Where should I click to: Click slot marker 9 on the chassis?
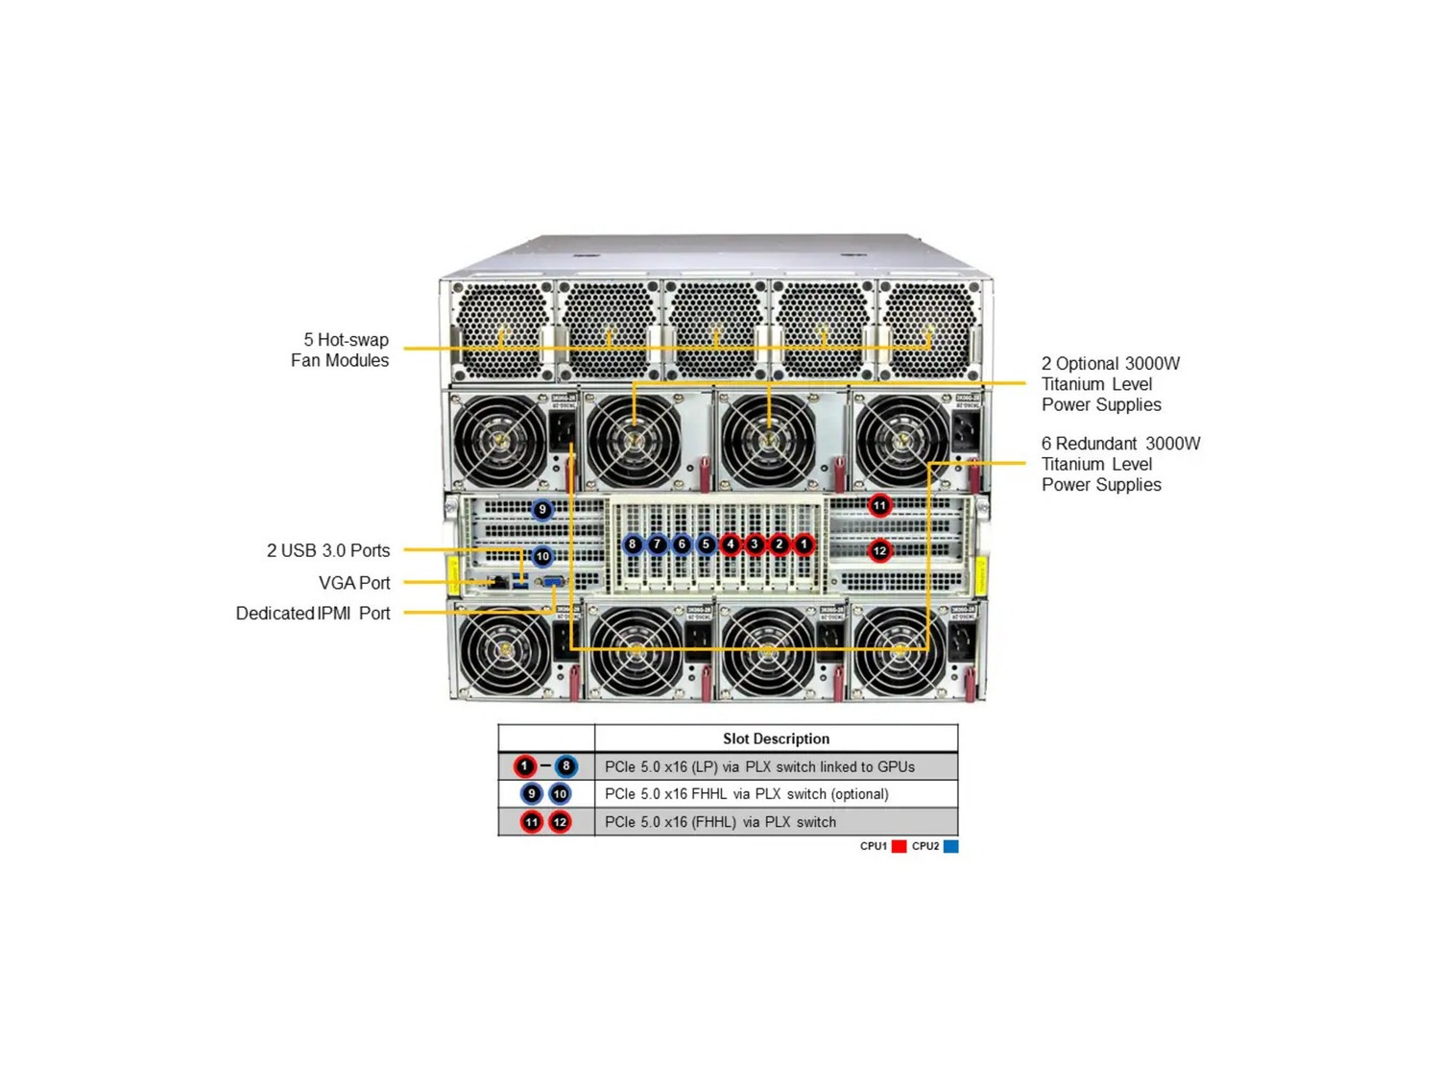tap(542, 510)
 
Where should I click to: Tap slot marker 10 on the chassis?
tap(542, 556)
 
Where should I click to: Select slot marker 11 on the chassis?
tap(879, 505)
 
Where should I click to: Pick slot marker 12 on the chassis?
tap(879, 551)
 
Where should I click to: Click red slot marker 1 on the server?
tap(804, 545)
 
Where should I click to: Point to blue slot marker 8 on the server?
tap(632, 545)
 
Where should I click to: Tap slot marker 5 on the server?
tap(706, 545)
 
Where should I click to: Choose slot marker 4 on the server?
tap(731, 545)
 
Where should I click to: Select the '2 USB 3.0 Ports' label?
tap(328, 551)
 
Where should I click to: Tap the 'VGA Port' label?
tap(354, 583)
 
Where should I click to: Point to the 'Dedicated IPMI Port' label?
tap(313, 614)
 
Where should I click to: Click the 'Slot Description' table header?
tap(776, 739)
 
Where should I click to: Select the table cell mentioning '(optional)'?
tap(747, 794)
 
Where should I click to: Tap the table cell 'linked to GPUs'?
tap(759, 766)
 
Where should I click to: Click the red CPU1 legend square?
tap(900, 846)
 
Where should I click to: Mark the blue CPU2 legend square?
tap(950, 846)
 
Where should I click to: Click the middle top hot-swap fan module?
tap(715, 329)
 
